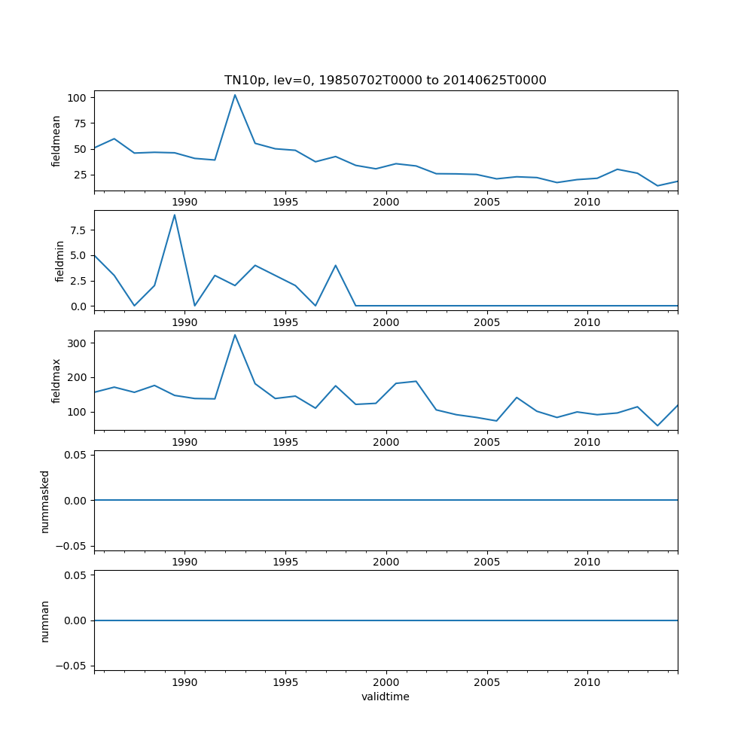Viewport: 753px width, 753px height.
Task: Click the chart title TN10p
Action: [385, 80]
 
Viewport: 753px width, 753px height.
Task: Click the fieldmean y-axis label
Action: [56, 141]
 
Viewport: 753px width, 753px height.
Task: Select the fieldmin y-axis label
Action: [60, 261]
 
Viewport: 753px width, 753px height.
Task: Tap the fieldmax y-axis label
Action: [56, 380]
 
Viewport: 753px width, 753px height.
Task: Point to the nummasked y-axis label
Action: [45, 501]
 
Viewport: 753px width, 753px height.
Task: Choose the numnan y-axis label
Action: [45, 620]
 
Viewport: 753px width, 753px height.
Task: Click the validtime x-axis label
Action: [385, 697]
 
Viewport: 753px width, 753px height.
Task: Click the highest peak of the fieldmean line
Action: [235, 95]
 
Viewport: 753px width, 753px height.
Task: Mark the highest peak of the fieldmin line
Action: [175, 215]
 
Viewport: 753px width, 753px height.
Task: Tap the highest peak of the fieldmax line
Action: [235, 335]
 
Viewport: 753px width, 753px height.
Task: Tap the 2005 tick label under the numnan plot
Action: [486, 682]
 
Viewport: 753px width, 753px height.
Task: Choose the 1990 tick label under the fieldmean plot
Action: [184, 202]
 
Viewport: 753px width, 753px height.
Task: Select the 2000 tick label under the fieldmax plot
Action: [386, 442]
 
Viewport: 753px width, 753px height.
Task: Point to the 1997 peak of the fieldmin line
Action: [336, 265]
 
